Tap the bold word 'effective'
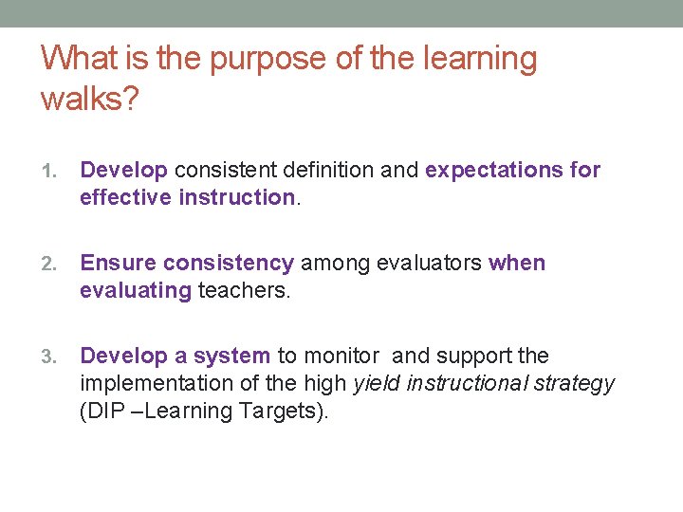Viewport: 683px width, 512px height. (125, 197)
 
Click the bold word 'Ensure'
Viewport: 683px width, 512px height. (119, 263)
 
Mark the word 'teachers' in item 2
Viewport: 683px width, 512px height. (242, 290)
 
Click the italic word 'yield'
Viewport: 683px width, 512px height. (376, 383)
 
